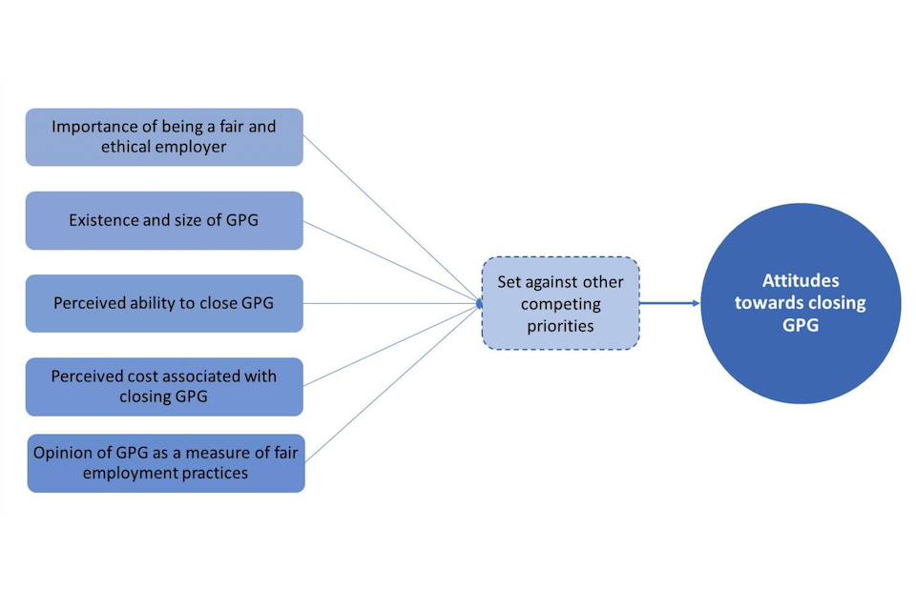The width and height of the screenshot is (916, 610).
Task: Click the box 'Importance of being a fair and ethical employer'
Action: click(164, 137)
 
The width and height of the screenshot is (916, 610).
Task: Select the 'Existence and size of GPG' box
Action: click(164, 220)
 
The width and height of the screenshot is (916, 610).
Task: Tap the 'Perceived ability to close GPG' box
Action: click(164, 303)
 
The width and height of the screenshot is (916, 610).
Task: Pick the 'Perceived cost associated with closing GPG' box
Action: click(164, 386)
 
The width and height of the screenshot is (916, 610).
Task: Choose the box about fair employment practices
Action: click(166, 462)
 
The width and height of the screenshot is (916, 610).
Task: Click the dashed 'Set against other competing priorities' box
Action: click(560, 304)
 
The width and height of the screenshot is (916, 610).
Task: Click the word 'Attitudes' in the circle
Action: click(801, 282)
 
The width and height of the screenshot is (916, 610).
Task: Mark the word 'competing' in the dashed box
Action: click(560, 304)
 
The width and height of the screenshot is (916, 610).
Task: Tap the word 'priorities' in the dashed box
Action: click(560, 325)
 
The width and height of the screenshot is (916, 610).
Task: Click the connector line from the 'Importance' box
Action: click(391, 220)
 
